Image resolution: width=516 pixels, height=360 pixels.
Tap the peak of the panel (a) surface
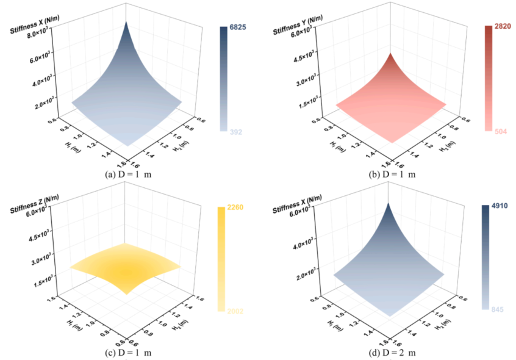(x=127, y=22)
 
